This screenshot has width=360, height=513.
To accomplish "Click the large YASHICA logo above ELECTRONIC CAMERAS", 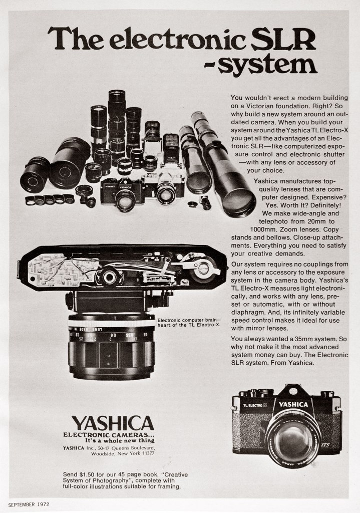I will [x=112, y=423].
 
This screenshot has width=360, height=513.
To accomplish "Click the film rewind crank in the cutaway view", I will [x=203, y=269].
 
